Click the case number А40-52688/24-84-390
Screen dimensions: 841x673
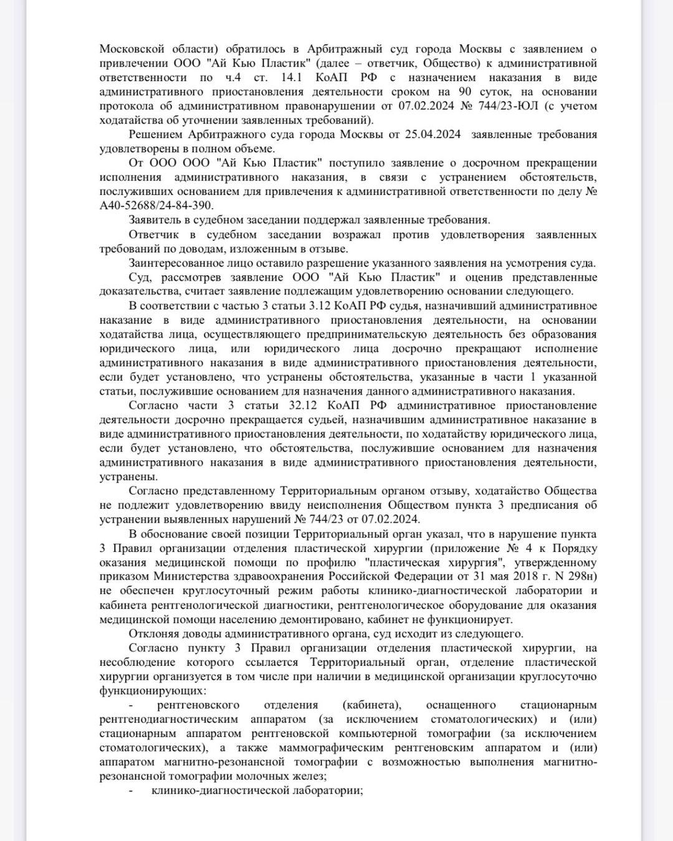[x=156, y=206]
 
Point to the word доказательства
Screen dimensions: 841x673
[x=138, y=291]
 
